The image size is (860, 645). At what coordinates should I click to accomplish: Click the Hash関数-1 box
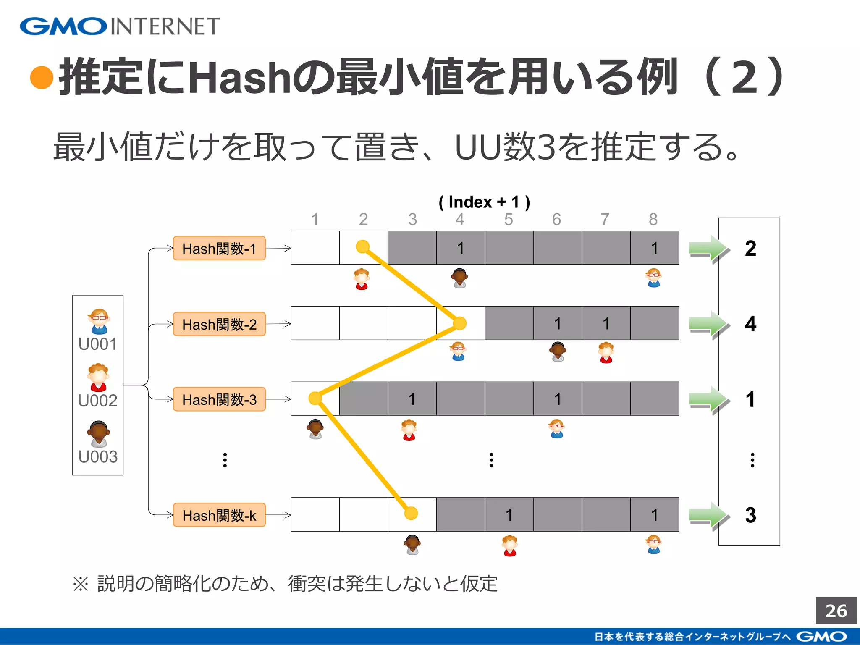click(219, 248)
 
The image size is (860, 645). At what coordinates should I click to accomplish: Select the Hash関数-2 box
click(219, 324)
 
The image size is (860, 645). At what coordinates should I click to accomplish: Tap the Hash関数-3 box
click(219, 399)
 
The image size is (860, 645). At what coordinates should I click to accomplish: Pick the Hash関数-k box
click(219, 515)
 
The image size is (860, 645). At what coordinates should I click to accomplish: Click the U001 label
click(98, 344)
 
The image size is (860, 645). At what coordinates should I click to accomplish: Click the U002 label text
click(98, 401)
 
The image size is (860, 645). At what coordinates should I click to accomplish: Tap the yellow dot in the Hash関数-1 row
click(362, 246)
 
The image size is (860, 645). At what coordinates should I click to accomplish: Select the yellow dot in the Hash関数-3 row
click(315, 398)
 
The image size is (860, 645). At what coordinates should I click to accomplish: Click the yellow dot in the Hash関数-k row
click(411, 513)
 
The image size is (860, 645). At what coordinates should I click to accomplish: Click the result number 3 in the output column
click(750, 515)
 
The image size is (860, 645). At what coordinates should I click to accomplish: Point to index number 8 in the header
click(653, 219)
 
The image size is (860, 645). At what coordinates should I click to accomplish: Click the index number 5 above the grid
click(509, 219)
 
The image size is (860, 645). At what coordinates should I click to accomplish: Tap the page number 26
click(836, 611)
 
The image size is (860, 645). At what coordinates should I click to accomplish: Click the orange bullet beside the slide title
click(42, 78)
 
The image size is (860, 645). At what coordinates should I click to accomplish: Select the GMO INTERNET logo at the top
click(120, 26)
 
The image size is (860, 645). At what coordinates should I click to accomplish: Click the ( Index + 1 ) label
click(484, 202)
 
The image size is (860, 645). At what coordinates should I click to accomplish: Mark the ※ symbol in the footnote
click(81, 584)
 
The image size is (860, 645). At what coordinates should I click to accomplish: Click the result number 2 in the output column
click(750, 249)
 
